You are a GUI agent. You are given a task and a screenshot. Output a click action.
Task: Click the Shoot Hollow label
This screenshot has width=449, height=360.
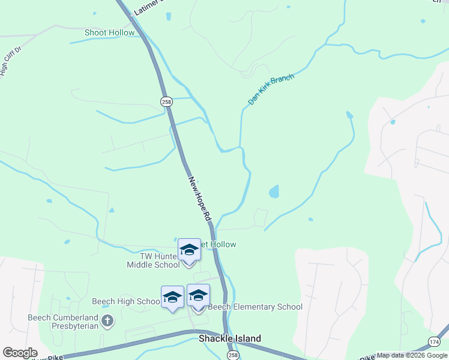110,32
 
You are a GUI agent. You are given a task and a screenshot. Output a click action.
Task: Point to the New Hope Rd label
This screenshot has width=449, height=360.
200,199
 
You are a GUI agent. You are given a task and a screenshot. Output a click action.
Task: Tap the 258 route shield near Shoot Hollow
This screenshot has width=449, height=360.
166,103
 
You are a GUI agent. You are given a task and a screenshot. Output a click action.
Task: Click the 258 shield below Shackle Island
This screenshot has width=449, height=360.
233,355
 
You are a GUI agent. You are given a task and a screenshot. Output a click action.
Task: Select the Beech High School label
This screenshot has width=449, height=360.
125,301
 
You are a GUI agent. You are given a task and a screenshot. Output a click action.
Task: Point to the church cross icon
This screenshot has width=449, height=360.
107,322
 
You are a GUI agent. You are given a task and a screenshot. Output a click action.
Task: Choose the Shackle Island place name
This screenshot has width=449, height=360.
230,338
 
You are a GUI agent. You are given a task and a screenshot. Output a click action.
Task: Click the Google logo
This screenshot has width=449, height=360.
20,352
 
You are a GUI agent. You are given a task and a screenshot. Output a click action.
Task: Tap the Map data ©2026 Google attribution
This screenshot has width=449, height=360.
412,355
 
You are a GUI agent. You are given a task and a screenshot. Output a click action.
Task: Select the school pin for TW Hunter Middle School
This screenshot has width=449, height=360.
189,250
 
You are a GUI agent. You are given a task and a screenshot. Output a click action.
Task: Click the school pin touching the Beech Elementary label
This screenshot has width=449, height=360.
198,296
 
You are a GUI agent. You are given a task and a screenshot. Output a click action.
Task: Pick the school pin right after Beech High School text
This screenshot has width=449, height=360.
172,298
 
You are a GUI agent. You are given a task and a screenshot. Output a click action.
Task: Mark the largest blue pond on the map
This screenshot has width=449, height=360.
274,191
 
